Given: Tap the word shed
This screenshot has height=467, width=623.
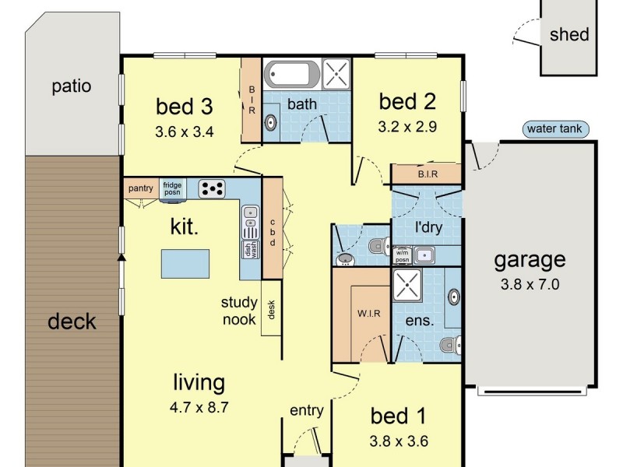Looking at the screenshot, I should pyautogui.click(x=569, y=34).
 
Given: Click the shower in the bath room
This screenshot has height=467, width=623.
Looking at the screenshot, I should pyautogui.click(x=336, y=75).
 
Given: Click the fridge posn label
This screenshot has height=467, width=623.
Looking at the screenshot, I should pyautogui.click(x=171, y=188).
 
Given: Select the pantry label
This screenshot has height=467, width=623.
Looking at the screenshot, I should pyautogui.click(x=141, y=188).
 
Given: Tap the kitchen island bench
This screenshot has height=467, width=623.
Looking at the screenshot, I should pyautogui.click(x=185, y=264).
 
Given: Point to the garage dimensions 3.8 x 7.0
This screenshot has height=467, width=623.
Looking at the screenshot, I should pyautogui.click(x=530, y=285).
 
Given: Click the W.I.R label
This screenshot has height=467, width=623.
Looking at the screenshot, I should pyautogui.click(x=368, y=314).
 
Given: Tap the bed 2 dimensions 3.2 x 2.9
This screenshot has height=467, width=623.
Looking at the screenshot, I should pyautogui.click(x=407, y=125).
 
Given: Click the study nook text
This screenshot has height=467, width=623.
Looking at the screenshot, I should pyautogui.click(x=238, y=311).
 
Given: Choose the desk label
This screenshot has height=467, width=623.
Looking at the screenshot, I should pyautogui.click(x=272, y=311).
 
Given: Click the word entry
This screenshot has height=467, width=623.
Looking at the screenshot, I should pyautogui.click(x=306, y=410).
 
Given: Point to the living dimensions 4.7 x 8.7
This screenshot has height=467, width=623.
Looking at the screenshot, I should pyautogui.click(x=199, y=406).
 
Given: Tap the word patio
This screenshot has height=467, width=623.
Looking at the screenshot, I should pyautogui.click(x=72, y=86).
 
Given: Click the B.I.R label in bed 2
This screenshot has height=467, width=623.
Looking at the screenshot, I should pyautogui.click(x=428, y=174).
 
